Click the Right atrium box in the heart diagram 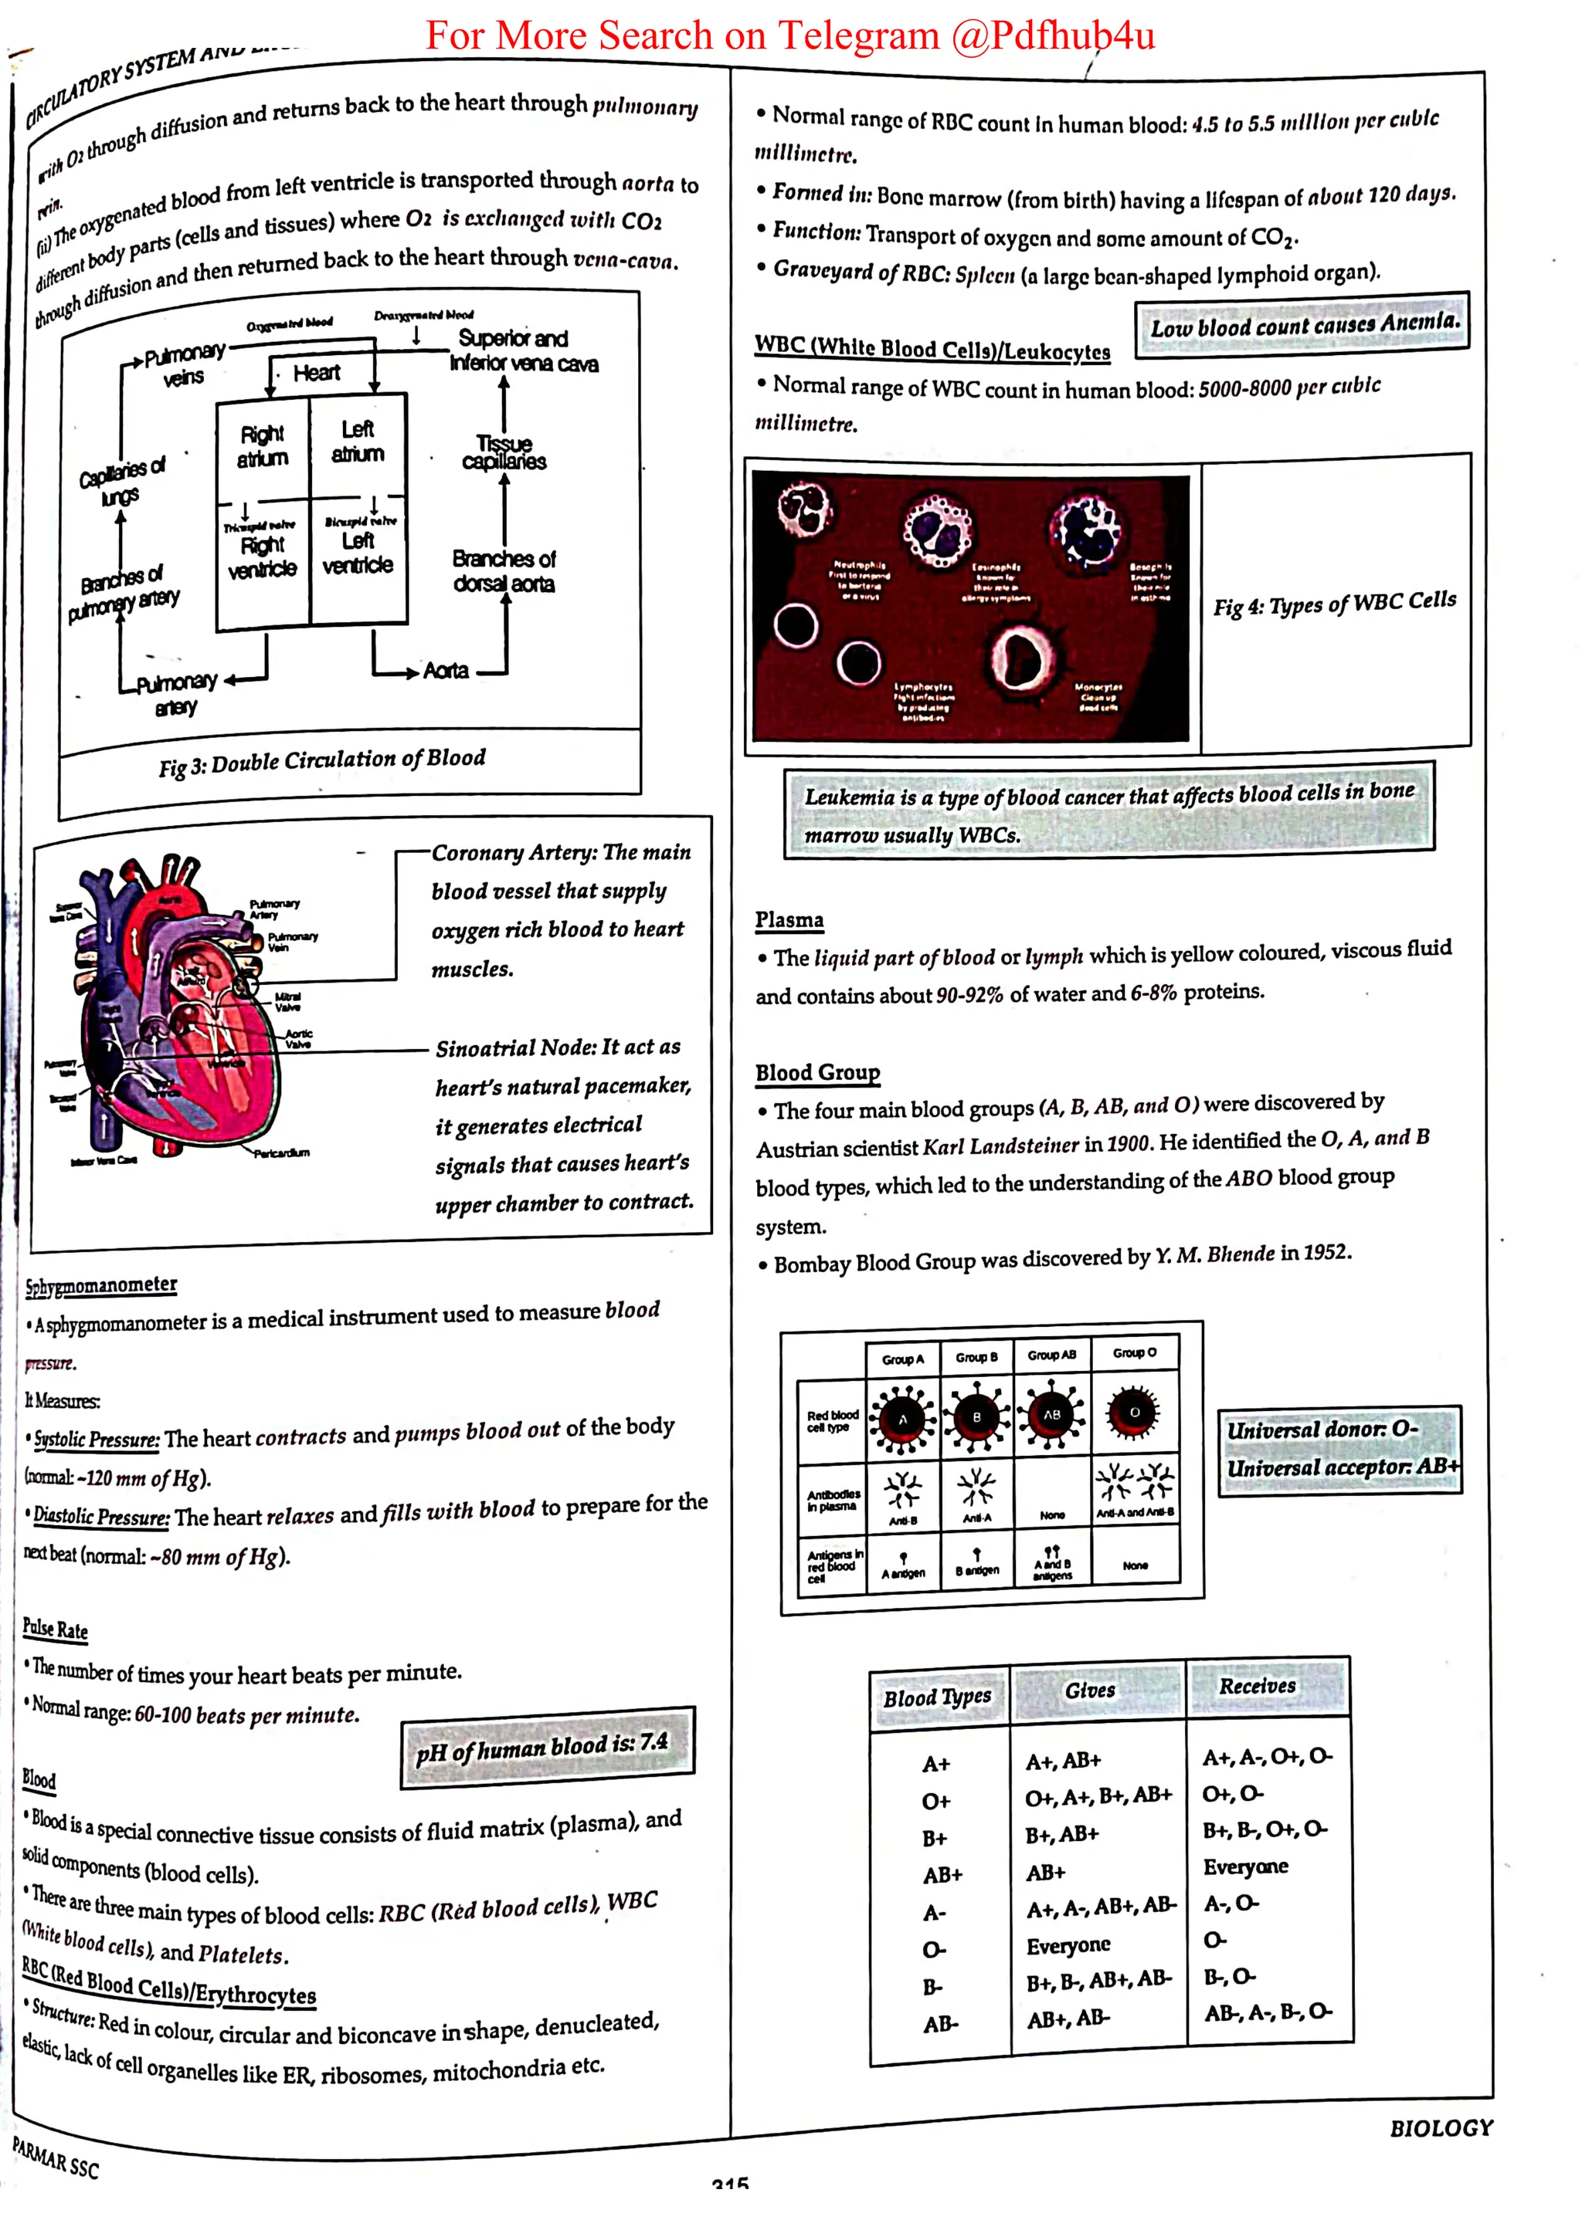coord(262,446)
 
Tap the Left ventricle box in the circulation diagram coord(358,553)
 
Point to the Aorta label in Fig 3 coord(446,670)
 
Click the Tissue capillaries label coord(504,452)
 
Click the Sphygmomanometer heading coord(101,1285)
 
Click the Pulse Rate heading coord(56,1628)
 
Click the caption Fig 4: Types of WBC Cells coord(1333,603)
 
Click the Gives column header coord(1090,1690)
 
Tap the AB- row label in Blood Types coord(941,2025)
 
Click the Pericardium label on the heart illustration coord(282,1153)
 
